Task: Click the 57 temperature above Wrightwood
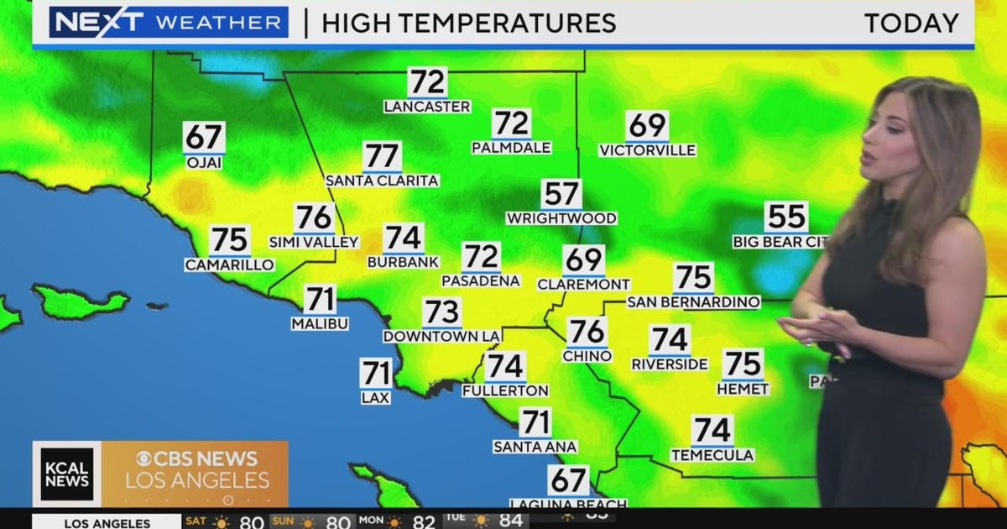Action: coord(561,194)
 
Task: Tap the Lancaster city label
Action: coord(427,107)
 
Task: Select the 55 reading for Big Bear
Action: coord(786,217)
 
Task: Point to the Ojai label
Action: coord(204,163)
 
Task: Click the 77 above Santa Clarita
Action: coord(382,157)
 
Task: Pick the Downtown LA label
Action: coord(441,336)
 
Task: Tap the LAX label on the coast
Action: coord(375,397)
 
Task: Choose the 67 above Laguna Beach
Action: coord(568,480)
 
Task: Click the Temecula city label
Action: coord(712,455)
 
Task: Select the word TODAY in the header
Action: coord(911,24)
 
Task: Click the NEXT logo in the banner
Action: coord(87,23)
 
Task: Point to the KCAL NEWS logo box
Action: coord(66,474)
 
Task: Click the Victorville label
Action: coord(647,150)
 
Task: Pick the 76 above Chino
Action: coord(587,332)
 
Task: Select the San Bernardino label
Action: coord(693,302)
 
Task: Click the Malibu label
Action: coord(320,323)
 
